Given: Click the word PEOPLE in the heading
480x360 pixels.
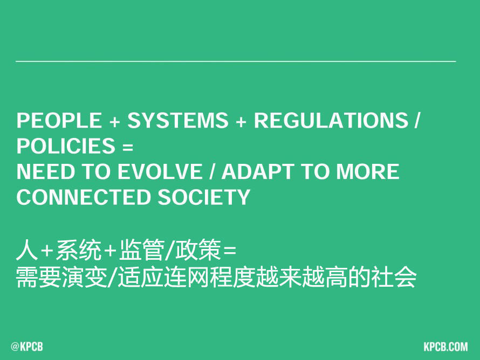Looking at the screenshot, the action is [x=59, y=120].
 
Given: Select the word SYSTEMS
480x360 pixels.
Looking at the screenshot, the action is [x=178, y=120].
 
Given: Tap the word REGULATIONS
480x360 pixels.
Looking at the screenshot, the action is [x=331, y=120].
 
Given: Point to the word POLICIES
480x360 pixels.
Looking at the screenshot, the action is [x=66, y=146].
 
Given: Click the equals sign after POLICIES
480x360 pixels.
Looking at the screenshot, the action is [x=128, y=147].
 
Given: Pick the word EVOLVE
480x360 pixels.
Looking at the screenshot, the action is [x=160, y=171].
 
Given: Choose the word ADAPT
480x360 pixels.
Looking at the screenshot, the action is [x=258, y=171].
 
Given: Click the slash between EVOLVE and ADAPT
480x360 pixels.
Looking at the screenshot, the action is [x=212, y=171].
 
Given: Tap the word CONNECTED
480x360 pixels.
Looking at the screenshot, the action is [x=83, y=197].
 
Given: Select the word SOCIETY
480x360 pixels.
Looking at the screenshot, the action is [x=204, y=197].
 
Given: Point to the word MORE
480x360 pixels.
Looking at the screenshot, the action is [x=368, y=171].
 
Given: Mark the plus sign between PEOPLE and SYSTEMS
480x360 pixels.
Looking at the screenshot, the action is [x=114, y=122].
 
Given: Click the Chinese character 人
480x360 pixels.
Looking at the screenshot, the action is [x=27, y=250].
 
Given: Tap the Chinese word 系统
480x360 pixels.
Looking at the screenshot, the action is [x=79, y=250].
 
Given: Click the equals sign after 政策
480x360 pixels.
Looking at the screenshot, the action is [x=230, y=251].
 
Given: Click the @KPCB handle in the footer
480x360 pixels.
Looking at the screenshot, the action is [x=27, y=347].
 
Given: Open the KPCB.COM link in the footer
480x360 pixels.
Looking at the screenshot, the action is [x=445, y=347].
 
